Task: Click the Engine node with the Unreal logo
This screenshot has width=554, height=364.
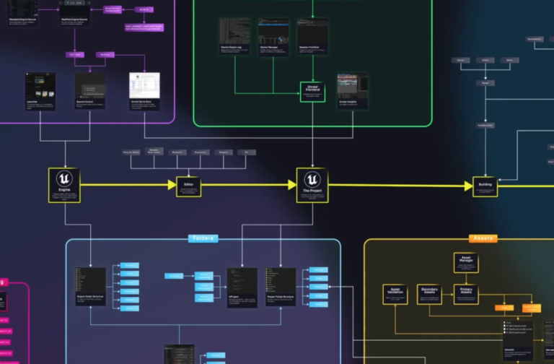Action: (x=64, y=185)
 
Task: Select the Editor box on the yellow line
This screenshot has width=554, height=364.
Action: (x=189, y=186)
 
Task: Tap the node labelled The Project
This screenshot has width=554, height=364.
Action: (x=312, y=185)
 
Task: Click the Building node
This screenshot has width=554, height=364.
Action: (x=485, y=186)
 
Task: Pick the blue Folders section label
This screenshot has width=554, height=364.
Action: (x=203, y=238)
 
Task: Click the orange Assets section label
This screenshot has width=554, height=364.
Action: (x=483, y=238)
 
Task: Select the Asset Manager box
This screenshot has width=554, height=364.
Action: (x=465, y=263)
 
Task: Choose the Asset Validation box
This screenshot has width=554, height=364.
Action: (x=395, y=294)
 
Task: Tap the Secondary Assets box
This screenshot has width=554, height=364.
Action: (x=431, y=294)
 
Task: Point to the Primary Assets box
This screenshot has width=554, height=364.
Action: (x=465, y=294)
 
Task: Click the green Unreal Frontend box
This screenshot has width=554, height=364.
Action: (x=312, y=92)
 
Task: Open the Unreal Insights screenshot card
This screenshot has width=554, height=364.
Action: (x=352, y=91)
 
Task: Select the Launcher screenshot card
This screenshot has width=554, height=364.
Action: (x=40, y=91)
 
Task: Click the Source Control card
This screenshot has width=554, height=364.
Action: (x=90, y=91)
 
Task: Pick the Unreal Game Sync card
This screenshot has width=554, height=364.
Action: (x=144, y=91)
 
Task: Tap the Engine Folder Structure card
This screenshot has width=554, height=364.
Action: (x=91, y=287)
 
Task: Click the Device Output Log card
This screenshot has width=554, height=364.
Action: (x=234, y=38)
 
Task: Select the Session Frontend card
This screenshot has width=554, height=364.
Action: (x=312, y=38)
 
